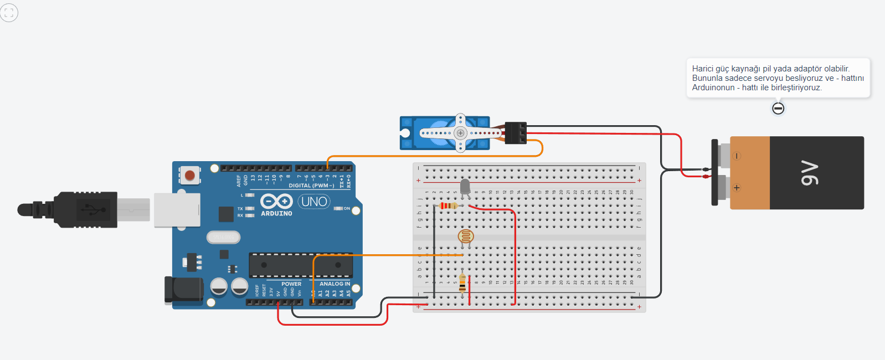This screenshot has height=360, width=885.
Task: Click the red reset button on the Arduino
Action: pos(189,176)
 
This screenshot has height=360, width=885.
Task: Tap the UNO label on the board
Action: pos(314,202)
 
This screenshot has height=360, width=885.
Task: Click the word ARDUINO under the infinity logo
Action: pos(276,214)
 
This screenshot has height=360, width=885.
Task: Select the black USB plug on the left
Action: pos(83,210)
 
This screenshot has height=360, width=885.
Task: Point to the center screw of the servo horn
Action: pos(460,133)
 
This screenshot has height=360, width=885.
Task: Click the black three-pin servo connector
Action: pos(515,133)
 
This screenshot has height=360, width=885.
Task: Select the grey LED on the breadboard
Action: pos(465,186)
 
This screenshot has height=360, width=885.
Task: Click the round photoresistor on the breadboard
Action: pos(466,237)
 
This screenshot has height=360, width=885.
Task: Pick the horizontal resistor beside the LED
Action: pos(448,206)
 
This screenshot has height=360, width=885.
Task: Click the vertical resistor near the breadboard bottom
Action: pos(462,283)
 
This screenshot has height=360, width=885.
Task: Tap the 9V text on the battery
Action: pos(809,173)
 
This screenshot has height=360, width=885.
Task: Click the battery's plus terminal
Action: pos(737,188)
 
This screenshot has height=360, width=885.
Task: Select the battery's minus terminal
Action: pos(736,156)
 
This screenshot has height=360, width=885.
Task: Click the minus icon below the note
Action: pos(778,109)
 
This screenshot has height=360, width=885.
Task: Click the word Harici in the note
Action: pos(703,69)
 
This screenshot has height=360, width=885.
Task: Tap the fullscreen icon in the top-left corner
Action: pos(9,13)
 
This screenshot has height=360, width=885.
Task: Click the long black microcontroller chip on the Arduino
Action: pos(301,265)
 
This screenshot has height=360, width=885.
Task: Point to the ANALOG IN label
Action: pos(335,284)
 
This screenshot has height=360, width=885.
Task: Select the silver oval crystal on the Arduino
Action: pos(224,237)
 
